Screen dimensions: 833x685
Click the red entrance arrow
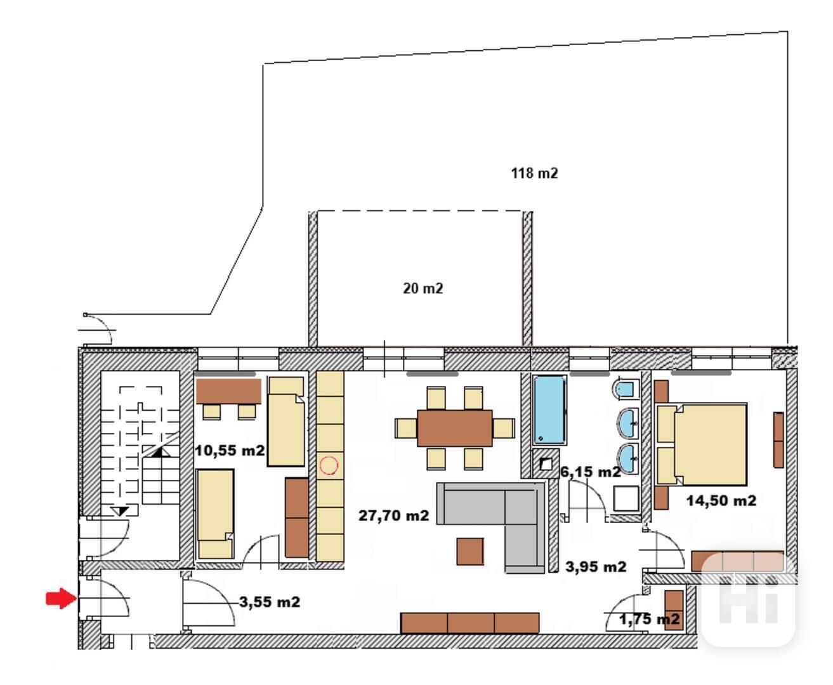[61, 598]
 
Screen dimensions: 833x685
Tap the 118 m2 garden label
[534, 173]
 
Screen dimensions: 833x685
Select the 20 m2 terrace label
[423, 289]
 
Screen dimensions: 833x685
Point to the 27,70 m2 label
[393, 515]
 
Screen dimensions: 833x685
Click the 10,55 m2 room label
[230, 450]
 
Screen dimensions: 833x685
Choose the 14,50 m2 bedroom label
[721, 501]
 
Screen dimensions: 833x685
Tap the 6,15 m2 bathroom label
[591, 472]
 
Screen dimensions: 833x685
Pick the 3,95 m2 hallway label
[596, 567]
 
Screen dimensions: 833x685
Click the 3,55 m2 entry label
[270, 602]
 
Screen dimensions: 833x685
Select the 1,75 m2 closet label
[649, 619]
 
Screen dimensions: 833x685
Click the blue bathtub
[549, 410]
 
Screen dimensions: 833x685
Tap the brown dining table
[455, 429]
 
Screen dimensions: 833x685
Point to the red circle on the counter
[329, 465]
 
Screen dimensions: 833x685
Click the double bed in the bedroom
[702, 444]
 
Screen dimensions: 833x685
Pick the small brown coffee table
[470, 551]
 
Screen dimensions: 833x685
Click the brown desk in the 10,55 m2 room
[228, 391]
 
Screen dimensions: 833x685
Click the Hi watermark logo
[748, 599]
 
